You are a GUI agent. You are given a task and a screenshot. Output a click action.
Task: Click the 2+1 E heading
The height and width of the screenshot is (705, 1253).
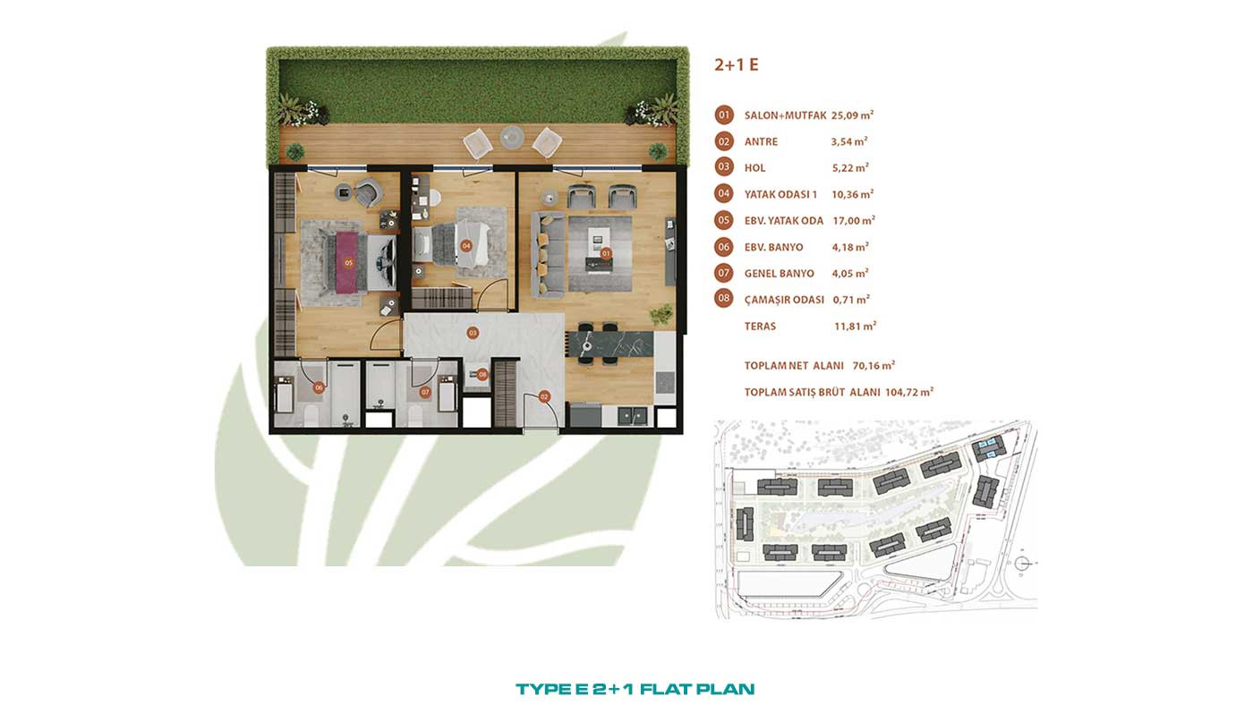[x=736, y=64]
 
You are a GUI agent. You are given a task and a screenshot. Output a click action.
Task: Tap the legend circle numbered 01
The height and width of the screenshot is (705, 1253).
[x=724, y=115]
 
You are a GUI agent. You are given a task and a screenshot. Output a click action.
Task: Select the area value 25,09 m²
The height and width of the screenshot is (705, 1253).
[x=852, y=115]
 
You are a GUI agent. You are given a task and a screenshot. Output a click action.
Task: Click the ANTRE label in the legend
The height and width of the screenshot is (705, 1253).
[x=761, y=142]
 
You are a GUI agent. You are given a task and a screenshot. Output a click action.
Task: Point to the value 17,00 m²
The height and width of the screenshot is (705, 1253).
[x=854, y=221]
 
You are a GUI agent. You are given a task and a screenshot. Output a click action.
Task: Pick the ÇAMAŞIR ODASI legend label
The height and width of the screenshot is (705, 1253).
[x=784, y=300]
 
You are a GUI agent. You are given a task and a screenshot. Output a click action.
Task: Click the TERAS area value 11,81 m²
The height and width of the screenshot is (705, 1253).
[x=856, y=326]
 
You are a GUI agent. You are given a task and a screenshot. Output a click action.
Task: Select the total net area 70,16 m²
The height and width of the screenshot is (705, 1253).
[x=874, y=366]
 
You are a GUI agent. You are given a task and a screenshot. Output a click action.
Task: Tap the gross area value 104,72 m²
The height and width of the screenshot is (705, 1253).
[x=909, y=392]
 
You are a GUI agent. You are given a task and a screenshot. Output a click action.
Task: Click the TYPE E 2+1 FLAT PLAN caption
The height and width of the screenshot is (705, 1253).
[x=635, y=689]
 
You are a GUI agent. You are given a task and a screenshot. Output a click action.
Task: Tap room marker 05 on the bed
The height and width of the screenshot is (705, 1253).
[x=348, y=262]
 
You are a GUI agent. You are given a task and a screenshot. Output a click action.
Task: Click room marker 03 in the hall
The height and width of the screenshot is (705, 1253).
[x=473, y=333]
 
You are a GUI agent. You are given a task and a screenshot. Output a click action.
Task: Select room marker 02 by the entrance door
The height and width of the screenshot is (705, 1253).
[x=544, y=397]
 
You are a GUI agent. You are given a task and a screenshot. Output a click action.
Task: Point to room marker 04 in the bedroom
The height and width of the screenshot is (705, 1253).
[x=466, y=245]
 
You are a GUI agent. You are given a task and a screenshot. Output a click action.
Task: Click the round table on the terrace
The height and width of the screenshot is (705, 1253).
[x=512, y=137]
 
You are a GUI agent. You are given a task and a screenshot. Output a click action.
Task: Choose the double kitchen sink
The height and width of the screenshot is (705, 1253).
[x=632, y=416]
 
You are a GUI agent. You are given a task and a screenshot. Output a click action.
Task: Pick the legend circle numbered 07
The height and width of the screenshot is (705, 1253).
[x=724, y=273]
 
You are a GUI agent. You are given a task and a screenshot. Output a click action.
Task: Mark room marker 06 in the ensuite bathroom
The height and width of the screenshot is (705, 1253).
[x=319, y=386]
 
